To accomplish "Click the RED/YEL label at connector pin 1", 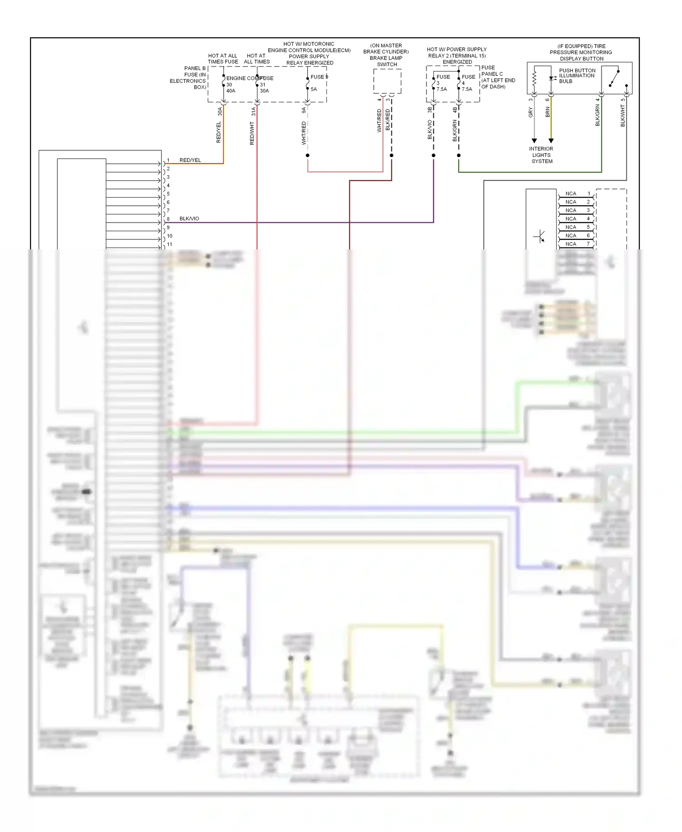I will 190,160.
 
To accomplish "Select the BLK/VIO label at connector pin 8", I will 189,218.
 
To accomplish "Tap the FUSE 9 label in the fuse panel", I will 319,77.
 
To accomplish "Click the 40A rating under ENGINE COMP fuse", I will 231,91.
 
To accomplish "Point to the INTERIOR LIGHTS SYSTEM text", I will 541,155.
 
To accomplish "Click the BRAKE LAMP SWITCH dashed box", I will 387,81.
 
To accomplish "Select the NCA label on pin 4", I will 571,219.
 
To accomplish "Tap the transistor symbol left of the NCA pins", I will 540,237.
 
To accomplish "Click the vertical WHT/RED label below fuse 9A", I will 304,133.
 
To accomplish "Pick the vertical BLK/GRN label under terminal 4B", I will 455,131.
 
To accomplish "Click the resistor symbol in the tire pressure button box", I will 535,78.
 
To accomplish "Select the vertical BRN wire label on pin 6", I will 548,112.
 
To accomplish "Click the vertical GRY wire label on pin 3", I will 531,112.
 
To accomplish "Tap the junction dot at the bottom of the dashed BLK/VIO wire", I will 433,156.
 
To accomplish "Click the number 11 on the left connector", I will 170,244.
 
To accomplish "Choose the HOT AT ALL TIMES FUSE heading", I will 223,59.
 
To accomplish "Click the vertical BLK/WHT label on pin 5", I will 623,116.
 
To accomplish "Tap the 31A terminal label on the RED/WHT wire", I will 254,112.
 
